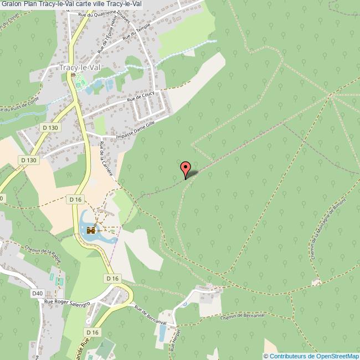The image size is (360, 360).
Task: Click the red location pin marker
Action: pos(186,168)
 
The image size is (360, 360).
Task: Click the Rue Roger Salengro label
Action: pos(67,302)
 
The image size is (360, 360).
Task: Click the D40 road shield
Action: pos(38,293)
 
